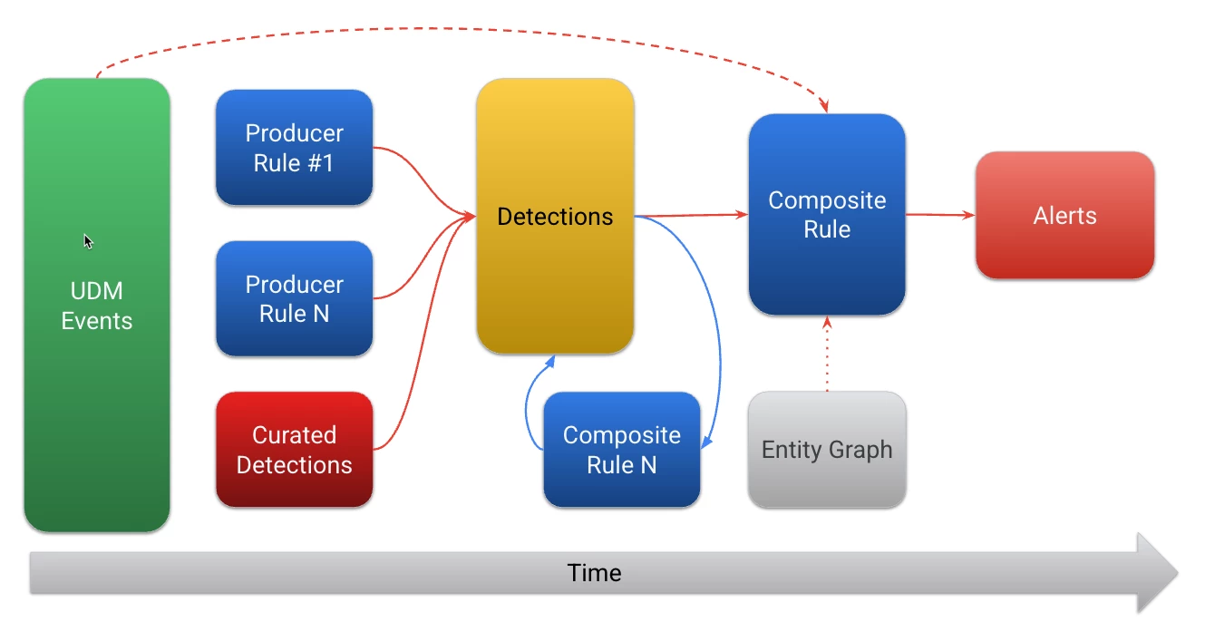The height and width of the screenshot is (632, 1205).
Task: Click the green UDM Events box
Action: pyautogui.click(x=97, y=305)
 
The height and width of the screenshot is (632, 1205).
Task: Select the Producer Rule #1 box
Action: pyautogui.click(x=295, y=148)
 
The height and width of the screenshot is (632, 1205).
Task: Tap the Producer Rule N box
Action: pyautogui.click(x=295, y=298)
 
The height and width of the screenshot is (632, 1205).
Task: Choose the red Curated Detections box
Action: pyautogui.click(x=295, y=450)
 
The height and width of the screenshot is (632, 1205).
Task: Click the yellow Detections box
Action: pyautogui.click(x=555, y=216)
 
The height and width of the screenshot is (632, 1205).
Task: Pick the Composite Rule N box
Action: pyautogui.click(x=622, y=450)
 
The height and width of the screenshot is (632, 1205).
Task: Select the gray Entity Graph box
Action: pyautogui.click(x=828, y=450)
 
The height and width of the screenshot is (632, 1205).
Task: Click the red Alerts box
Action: pyautogui.click(x=1065, y=215)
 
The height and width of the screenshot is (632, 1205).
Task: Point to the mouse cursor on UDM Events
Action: pyautogui.click(x=88, y=241)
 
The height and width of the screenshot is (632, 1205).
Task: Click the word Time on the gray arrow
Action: pyautogui.click(x=595, y=573)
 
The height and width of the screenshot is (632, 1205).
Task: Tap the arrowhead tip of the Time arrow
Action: pyautogui.click(x=1178, y=573)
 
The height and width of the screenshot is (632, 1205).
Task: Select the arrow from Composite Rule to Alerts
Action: pyautogui.click(x=941, y=215)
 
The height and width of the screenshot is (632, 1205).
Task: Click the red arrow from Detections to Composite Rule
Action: pyautogui.click(x=691, y=215)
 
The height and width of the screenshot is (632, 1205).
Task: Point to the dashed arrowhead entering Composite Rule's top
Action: pyautogui.click(x=823, y=105)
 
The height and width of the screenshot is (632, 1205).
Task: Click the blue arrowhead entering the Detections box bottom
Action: pyautogui.click(x=549, y=361)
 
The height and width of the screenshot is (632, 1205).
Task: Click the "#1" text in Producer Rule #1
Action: pyautogui.click(x=320, y=163)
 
